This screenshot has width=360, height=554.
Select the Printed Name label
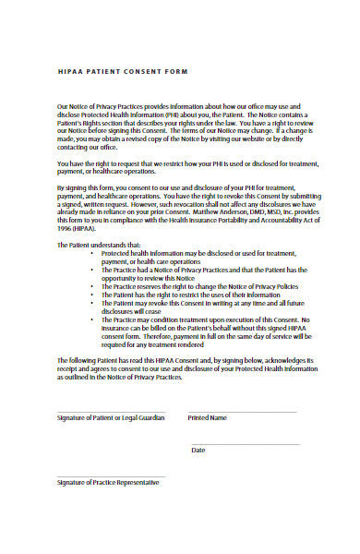pos(207,417)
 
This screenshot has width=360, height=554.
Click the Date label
pos(198,450)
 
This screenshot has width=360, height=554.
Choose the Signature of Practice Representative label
pos(108,482)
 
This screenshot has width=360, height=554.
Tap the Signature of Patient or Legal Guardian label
pos(111,417)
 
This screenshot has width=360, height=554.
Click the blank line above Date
pos(245,443)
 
